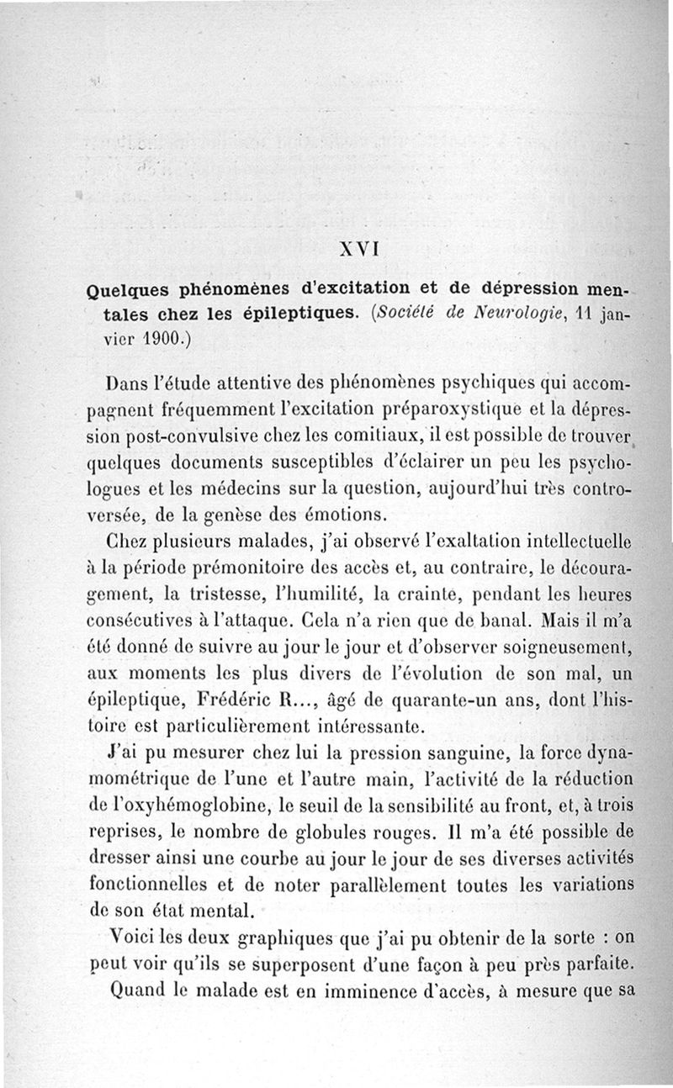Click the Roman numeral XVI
(x=359, y=249)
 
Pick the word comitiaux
(x=325, y=437)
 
